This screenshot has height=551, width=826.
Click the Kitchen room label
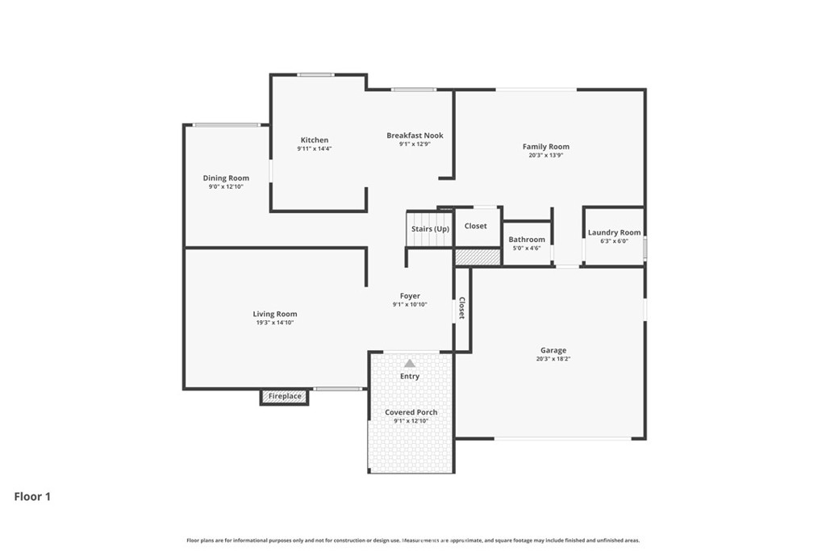point(315,140)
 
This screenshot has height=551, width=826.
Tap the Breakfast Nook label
point(415,136)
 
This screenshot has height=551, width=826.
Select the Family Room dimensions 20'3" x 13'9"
point(546,155)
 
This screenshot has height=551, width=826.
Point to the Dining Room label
point(226,178)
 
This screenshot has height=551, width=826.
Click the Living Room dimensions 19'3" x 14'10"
point(275,323)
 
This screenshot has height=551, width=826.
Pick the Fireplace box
point(285,397)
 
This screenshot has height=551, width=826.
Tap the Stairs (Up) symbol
point(430,228)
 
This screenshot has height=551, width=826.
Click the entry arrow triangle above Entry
point(410,364)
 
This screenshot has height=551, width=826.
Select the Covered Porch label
point(411,412)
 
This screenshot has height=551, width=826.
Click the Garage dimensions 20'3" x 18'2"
point(553,359)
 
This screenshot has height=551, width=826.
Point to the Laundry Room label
point(614,232)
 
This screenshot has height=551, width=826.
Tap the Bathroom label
point(527,240)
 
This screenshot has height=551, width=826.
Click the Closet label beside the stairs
point(476,226)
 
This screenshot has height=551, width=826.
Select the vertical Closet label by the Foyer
point(462,308)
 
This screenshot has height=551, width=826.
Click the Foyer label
point(410,296)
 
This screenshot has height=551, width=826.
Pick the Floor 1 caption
point(32,497)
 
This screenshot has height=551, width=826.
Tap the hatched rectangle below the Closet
point(478,257)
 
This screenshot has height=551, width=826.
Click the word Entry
point(410,377)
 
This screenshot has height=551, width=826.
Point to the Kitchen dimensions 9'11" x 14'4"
point(315,148)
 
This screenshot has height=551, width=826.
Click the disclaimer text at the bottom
point(413,540)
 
